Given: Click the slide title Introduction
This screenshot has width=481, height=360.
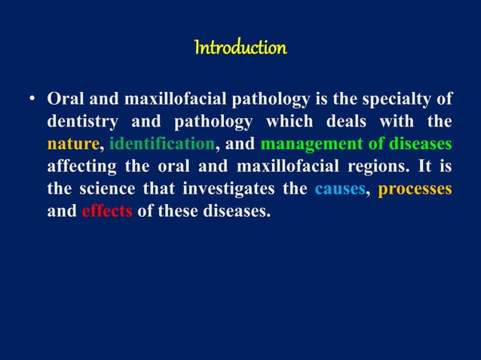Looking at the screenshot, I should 240,49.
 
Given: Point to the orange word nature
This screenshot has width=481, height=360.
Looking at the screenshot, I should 72,144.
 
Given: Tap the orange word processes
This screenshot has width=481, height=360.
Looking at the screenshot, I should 415,188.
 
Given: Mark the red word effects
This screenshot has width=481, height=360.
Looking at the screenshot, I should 106,210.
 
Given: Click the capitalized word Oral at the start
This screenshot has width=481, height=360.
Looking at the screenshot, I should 63,100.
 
